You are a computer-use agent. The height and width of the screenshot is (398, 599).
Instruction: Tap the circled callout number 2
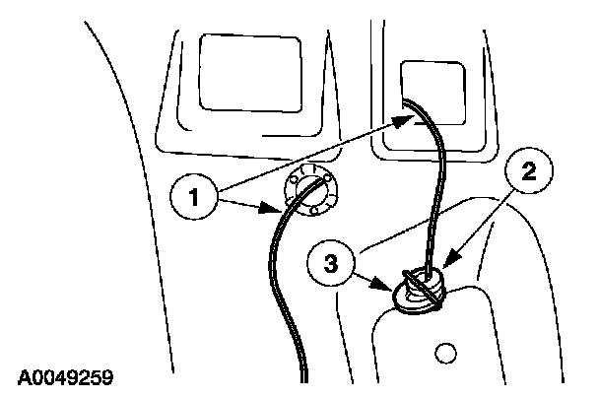[x=528, y=172]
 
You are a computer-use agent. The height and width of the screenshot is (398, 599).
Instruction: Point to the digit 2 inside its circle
[x=528, y=172]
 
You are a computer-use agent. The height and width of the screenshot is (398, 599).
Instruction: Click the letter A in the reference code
[x=23, y=375]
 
